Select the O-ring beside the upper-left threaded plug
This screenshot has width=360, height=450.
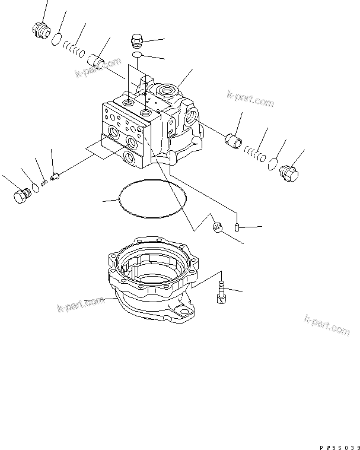click(56, 40)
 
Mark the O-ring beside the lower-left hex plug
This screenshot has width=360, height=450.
click(36, 188)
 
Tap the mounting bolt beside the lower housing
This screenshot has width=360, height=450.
click(222, 292)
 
